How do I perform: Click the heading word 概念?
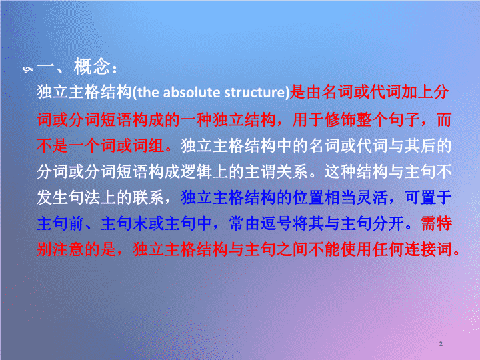tap(92, 66)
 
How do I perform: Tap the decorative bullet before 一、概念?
tap(28, 69)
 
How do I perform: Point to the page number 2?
tap(441, 344)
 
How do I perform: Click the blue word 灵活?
tap(372, 197)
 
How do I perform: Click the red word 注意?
tap(68, 249)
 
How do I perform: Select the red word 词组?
tap(148, 145)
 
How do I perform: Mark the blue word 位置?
tap(308, 197)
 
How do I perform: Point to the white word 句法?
tap(84, 197)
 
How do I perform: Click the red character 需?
tap(429, 223)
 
